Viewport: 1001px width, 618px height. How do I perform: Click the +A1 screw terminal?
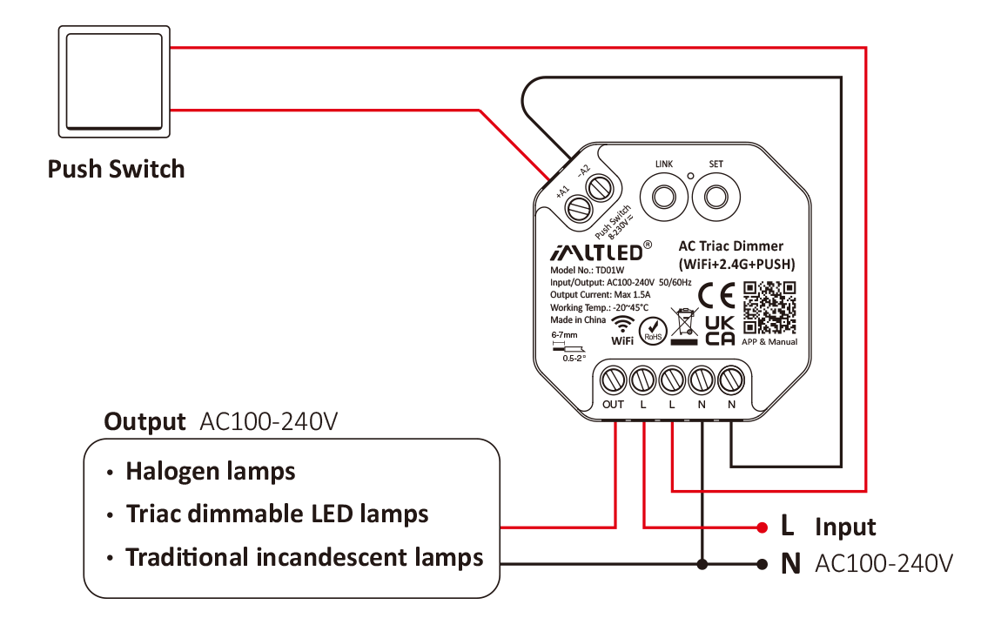tap(577, 207)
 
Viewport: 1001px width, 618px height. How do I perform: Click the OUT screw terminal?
tap(614, 380)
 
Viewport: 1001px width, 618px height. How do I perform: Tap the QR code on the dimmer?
tap(770, 308)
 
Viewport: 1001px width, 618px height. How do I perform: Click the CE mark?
tap(716, 296)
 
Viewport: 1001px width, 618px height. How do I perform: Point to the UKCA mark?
tap(719, 330)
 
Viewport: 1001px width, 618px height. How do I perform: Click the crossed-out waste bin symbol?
tap(684, 326)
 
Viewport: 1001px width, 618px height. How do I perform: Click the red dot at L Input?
tap(762, 527)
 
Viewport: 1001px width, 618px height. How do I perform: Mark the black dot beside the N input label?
tap(762, 564)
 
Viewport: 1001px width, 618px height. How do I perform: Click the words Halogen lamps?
tap(211, 472)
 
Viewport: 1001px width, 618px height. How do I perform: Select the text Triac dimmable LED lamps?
tap(277, 514)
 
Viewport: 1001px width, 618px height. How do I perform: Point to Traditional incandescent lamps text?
tap(304, 557)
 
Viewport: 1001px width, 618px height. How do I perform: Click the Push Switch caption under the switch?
tap(116, 169)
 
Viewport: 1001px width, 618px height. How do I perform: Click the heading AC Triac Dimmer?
tap(730, 246)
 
